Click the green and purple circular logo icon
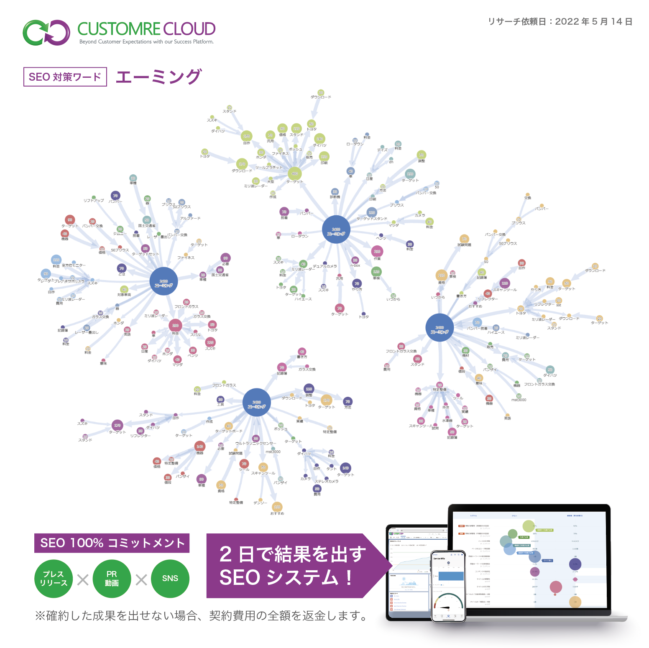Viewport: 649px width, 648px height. point(46,33)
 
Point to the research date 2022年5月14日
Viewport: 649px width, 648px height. point(593,22)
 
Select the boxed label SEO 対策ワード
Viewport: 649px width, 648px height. point(65,77)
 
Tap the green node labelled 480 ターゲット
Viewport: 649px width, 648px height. point(294,173)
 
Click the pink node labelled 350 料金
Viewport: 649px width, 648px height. point(175,325)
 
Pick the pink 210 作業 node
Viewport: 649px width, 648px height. point(377,252)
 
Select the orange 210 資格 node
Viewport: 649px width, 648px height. point(442,276)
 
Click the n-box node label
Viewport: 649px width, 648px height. point(355,265)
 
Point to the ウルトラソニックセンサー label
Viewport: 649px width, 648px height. point(256,443)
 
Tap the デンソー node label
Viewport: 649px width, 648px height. point(260,503)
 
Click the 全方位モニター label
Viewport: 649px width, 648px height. point(74,265)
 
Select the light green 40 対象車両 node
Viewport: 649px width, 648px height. point(124,289)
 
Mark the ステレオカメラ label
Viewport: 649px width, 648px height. point(327,481)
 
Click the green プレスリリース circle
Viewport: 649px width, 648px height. point(54,579)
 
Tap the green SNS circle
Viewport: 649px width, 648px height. point(170,579)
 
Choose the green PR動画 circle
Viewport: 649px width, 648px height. point(112,579)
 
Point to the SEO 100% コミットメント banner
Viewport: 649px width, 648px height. point(112,543)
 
